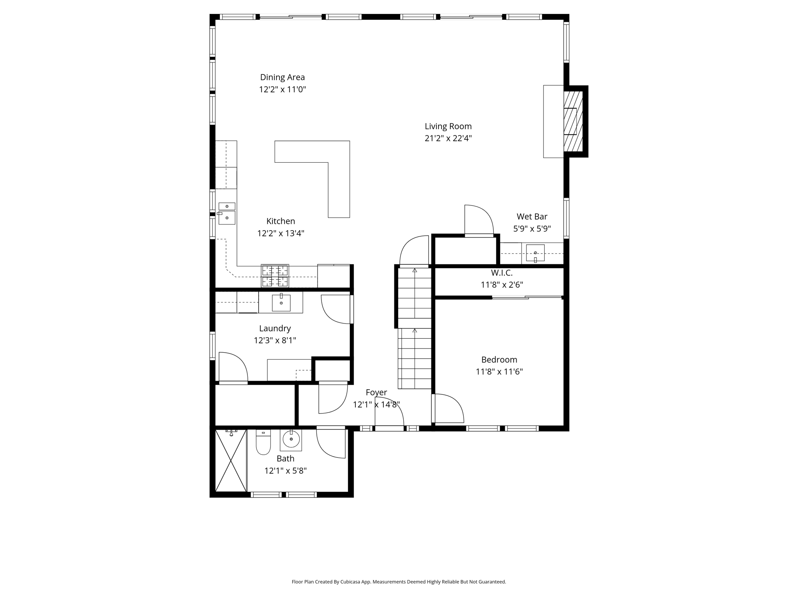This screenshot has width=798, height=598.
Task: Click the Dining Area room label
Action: pyautogui.click(x=282, y=77)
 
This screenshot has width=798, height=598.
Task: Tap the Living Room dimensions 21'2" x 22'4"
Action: pyautogui.click(x=448, y=138)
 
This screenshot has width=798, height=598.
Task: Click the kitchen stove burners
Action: pyautogui.click(x=275, y=276)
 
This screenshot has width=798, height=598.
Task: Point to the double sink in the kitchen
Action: pyautogui.click(x=227, y=214)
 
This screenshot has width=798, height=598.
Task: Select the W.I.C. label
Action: pyautogui.click(x=501, y=273)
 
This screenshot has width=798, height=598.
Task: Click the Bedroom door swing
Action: pyautogui.click(x=448, y=408)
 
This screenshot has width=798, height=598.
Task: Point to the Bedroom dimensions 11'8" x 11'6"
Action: pyautogui.click(x=499, y=371)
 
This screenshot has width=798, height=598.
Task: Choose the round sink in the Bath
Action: pyautogui.click(x=291, y=439)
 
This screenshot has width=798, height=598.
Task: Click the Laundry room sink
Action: pyautogui.click(x=281, y=303)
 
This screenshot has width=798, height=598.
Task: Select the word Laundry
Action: pyautogui.click(x=275, y=328)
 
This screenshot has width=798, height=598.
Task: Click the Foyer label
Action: pyautogui.click(x=376, y=392)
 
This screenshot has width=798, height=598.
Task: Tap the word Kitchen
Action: pyautogui.click(x=281, y=221)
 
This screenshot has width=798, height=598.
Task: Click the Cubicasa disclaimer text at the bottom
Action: pyautogui.click(x=399, y=582)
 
